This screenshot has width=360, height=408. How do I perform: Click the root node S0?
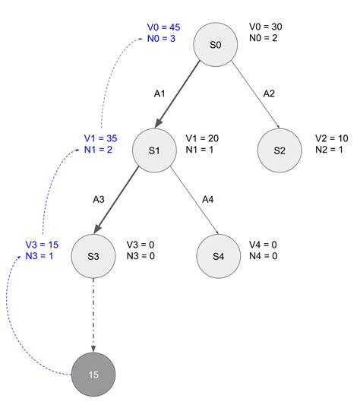(216, 45)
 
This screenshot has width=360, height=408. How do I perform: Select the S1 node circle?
(153, 150)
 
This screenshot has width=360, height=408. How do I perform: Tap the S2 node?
(279, 150)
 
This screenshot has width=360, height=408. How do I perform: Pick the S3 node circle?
(93, 255)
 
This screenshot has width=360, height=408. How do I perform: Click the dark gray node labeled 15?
(93, 375)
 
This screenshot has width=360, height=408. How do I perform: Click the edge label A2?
(270, 93)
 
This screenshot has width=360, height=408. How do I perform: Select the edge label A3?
(98, 199)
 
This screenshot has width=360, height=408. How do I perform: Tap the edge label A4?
(208, 199)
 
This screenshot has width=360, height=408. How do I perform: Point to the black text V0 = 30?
(265, 27)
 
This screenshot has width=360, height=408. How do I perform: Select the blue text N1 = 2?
(99, 150)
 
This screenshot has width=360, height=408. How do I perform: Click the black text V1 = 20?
(202, 139)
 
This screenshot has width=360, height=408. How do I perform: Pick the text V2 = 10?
(332, 139)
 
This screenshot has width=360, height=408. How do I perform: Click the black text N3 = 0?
(141, 256)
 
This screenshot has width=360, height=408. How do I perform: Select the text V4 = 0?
(263, 245)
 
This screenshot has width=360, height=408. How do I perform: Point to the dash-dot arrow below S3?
(93, 315)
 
